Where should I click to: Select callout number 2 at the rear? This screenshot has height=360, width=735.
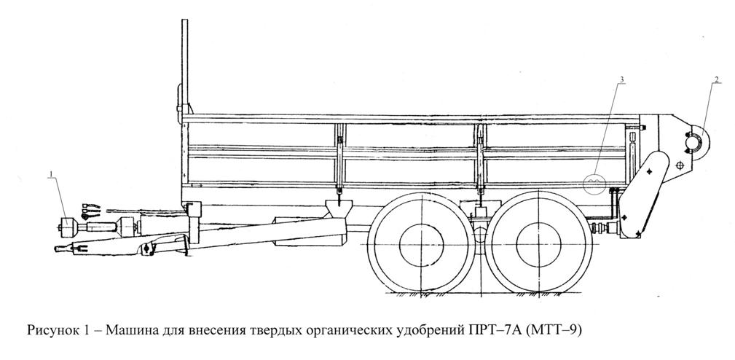point(716,79)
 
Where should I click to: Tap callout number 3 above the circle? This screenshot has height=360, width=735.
point(621,79)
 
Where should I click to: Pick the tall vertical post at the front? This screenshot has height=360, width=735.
point(185,66)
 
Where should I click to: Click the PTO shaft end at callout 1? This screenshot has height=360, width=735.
point(67,227)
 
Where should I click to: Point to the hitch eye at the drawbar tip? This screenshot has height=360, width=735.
point(61,249)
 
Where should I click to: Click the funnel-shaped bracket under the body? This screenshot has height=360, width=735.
point(339,208)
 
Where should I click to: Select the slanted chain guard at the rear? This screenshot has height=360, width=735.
point(642,196)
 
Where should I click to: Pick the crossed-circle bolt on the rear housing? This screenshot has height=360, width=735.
point(680,165)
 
